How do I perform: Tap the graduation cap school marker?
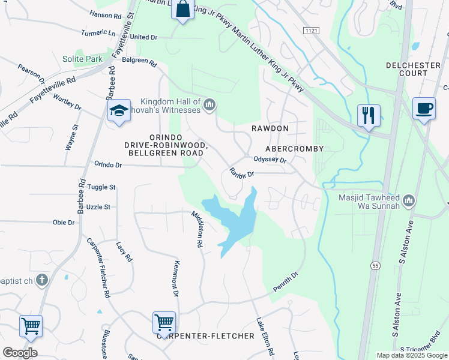119,111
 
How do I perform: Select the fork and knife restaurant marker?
368,114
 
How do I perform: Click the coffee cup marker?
424,108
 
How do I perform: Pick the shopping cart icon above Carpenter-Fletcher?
164,323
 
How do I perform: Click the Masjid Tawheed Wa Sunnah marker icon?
409,200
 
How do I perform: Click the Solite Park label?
83,59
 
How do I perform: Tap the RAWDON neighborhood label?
270,128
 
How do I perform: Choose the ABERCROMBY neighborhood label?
294,148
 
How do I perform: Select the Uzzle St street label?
98,206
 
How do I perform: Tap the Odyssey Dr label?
270,160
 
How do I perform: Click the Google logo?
20,352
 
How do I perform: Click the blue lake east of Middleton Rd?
237,219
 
